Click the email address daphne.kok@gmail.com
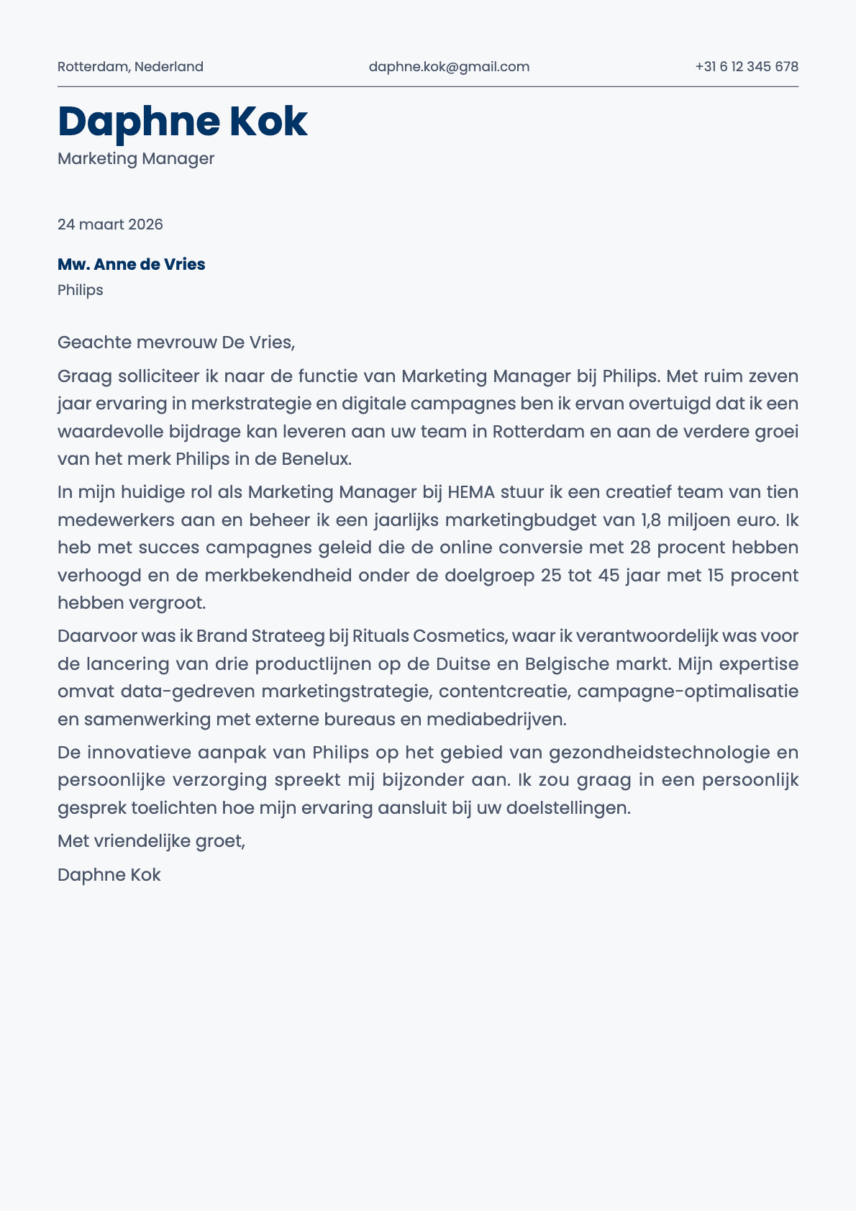(449, 67)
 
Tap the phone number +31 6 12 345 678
(747, 67)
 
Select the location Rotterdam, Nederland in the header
(130, 67)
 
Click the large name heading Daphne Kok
(183, 121)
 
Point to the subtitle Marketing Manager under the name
(136, 158)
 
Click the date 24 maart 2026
(110, 224)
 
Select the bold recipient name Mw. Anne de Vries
(131, 264)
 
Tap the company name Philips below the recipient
(80, 290)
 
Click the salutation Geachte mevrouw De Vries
(176, 342)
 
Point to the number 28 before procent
(639, 548)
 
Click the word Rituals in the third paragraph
(381, 636)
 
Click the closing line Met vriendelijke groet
(151, 840)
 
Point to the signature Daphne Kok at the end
(109, 875)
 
